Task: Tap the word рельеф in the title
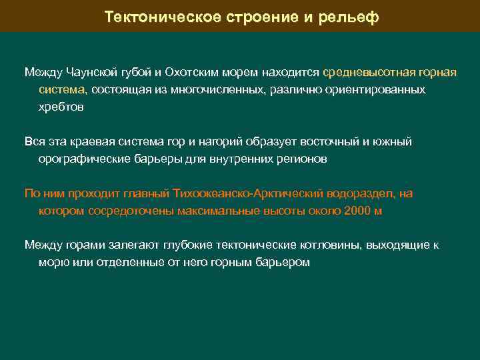click(351, 17)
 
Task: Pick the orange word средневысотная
click(364, 72)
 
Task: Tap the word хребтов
click(61, 107)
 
